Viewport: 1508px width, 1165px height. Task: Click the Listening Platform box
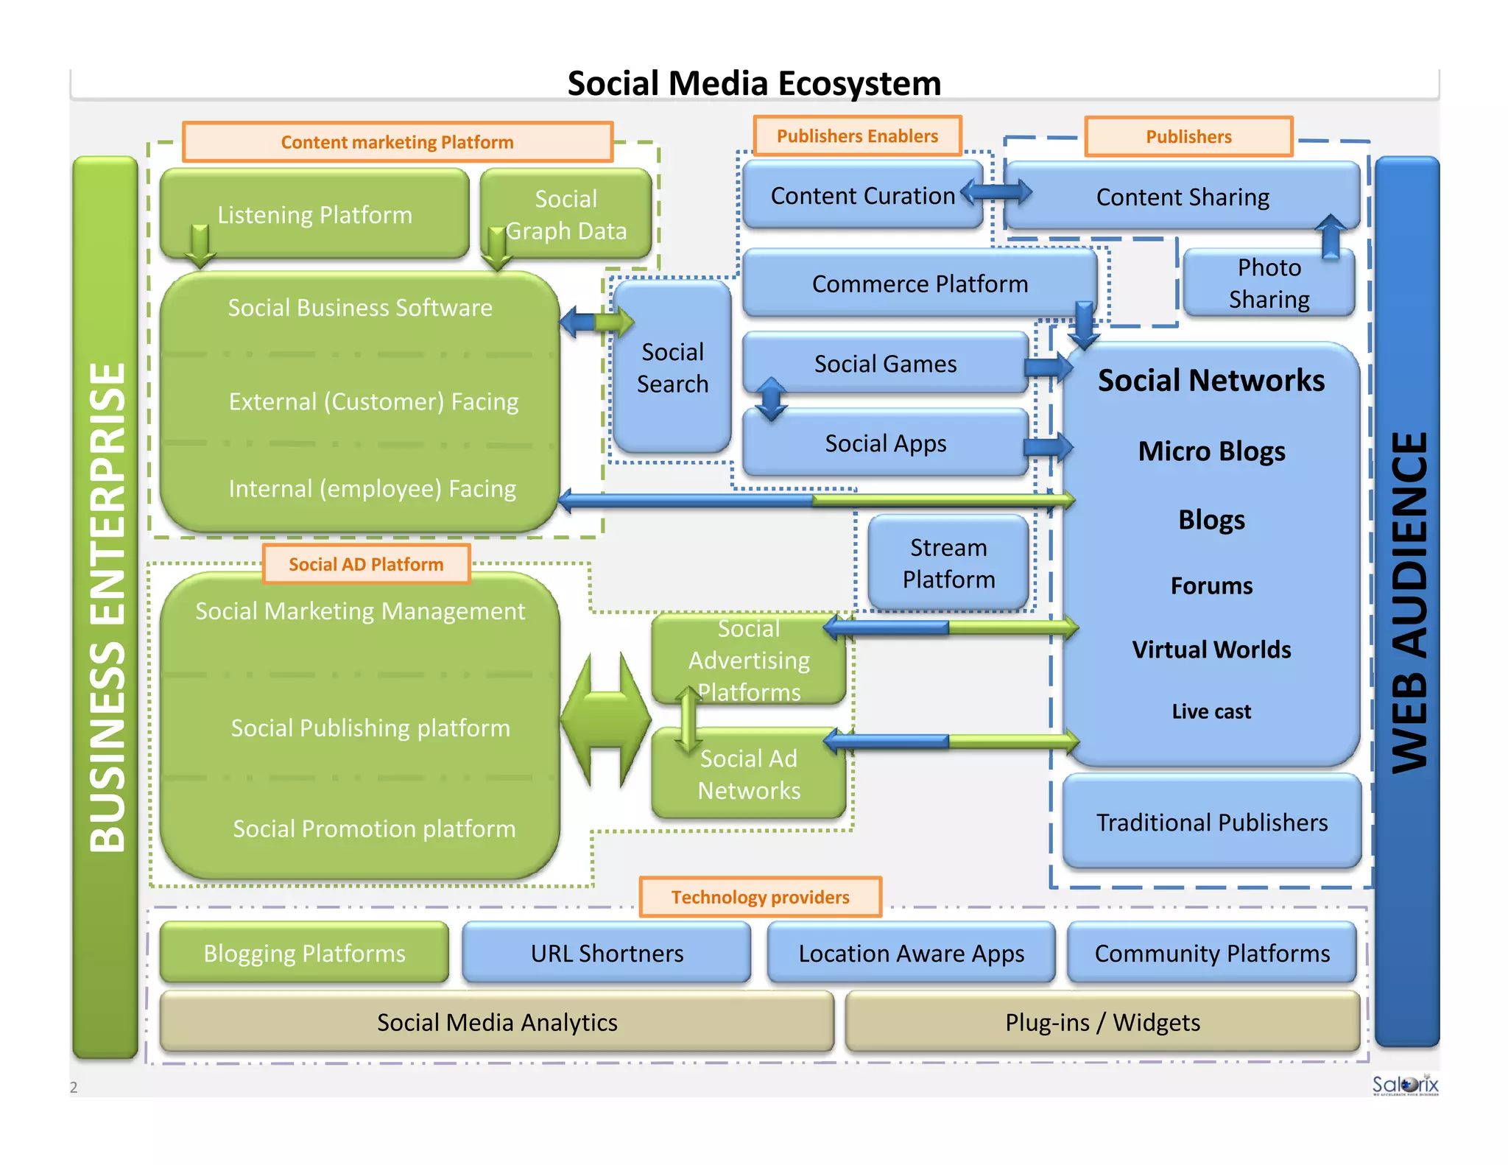(x=314, y=214)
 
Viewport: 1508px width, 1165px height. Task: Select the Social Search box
(x=672, y=367)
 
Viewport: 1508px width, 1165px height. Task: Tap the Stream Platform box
(x=948, y=563)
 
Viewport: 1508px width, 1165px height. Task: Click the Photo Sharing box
(x=1268, y=284)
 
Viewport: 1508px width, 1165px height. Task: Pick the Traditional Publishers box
(x=1211, y=822)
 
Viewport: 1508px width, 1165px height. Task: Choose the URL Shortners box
(x=607, y=953)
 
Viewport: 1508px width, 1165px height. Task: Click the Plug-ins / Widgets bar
(x=1102, y=1022)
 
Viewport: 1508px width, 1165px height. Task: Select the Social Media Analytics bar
(x=497, y=1022)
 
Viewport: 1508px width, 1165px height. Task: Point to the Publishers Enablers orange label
(x=857, y=136)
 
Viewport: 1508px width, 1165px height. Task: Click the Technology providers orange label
(x=760, y=897)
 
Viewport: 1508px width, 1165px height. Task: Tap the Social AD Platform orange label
(x=366, y=564)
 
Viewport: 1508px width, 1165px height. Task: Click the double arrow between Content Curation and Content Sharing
(x=996, y=193)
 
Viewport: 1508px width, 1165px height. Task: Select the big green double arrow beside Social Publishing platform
(x=605, y=719)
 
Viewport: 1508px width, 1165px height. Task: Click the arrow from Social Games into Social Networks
(x=1048, y=367)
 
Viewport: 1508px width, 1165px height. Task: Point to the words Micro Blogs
(x=1211, y=451)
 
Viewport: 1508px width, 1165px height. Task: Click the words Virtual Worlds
(x=1211, y=650)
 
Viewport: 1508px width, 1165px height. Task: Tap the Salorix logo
(x=1404, y=1085)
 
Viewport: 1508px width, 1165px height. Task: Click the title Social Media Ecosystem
(x=754, y=83)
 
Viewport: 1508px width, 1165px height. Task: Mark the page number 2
(x=74, y=1087)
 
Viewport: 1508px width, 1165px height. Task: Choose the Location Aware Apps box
(x=911, y=953)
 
